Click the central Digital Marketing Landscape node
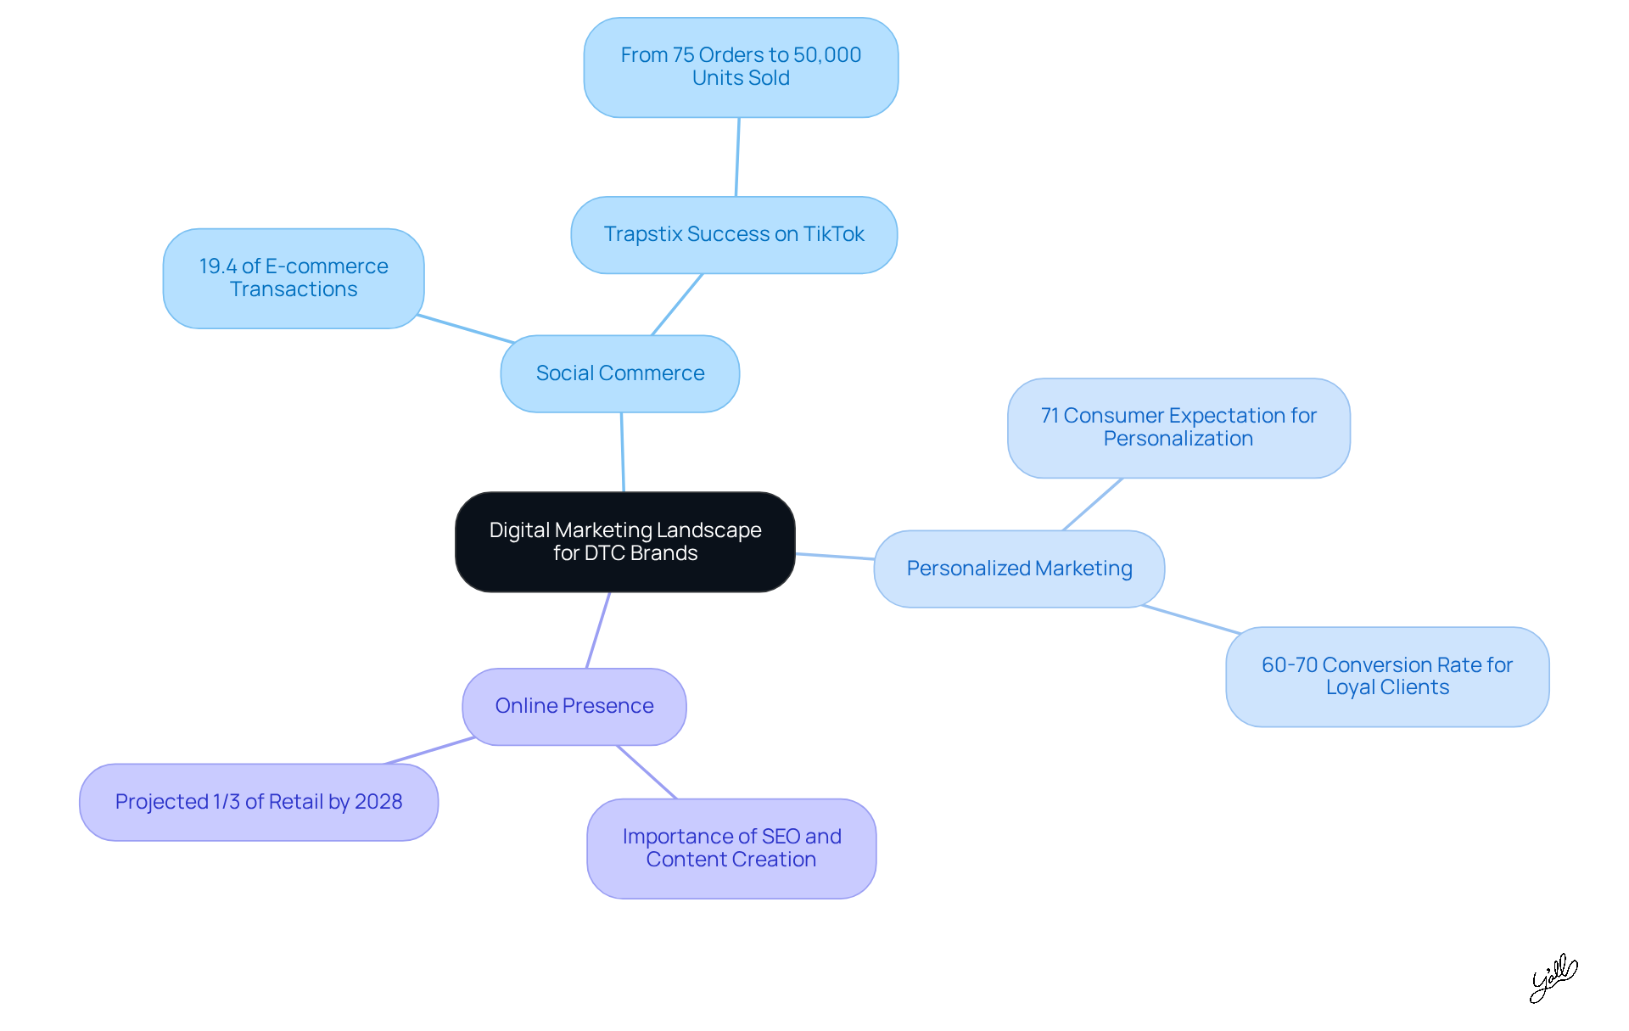[624, 541]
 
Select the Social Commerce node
[619, 373]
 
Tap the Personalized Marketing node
[1019, 569]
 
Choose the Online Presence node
[574, 706]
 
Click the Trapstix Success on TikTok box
[734, 234]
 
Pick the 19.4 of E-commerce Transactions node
[293, 277]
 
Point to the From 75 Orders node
[741, 67]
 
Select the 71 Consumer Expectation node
[1178, 428]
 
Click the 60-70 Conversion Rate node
[1387, 676]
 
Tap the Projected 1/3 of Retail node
[259, 802]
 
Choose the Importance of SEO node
[731, 848]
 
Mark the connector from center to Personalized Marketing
[835, 557]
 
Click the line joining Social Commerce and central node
[623, 452]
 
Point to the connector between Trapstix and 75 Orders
[737, 157]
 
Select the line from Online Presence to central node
[598, 630]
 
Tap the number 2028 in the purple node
[378, 802]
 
